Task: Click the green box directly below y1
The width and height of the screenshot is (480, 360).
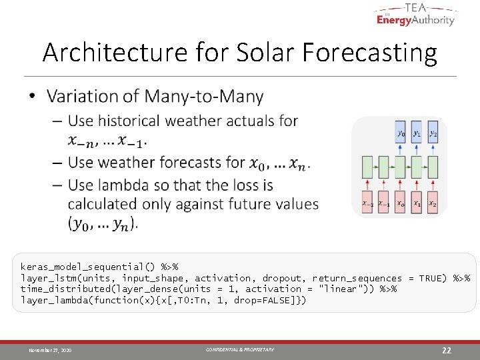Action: click(417, 166)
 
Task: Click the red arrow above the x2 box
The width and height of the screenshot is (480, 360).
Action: click(433, 184)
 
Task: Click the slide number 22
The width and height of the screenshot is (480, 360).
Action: click(447, 350)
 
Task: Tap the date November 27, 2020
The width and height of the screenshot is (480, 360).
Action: click(50, 350)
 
